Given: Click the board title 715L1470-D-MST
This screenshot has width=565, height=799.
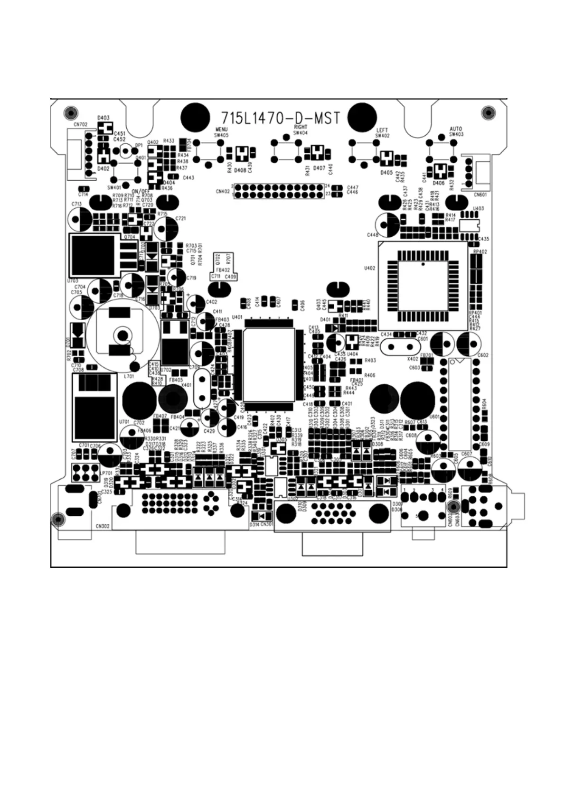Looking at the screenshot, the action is pos(281,118).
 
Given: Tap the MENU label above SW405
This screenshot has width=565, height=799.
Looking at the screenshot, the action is pos(221,130).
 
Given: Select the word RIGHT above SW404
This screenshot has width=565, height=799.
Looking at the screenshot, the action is pos(301,127).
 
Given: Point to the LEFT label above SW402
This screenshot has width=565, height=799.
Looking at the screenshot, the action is pos(382,130).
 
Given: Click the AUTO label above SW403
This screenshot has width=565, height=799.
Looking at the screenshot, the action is pos(456,129).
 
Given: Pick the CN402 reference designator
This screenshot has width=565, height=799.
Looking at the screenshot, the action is pos(222,192).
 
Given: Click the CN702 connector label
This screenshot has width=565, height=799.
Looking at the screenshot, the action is pos(80,125).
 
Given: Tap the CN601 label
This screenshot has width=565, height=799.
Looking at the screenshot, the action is pos(480,195).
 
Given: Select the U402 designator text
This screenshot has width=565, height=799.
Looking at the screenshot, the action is pos(369,268).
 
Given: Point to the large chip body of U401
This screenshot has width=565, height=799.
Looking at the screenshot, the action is pos(270,363).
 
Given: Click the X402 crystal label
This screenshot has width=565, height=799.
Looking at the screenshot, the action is pos(413,359).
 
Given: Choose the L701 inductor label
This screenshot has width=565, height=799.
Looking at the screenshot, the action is pos(128,376).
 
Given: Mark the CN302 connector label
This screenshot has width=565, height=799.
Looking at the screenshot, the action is pos(103,526).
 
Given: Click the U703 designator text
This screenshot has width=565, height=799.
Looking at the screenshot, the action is pos(73,281).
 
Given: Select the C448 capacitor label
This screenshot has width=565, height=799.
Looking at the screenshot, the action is pos(373,235).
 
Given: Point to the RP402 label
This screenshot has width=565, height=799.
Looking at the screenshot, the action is pos(480,251).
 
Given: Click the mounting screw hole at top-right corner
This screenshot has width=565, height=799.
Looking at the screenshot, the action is pos(488,113).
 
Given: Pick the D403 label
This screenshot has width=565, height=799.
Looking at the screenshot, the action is pos(103,118).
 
